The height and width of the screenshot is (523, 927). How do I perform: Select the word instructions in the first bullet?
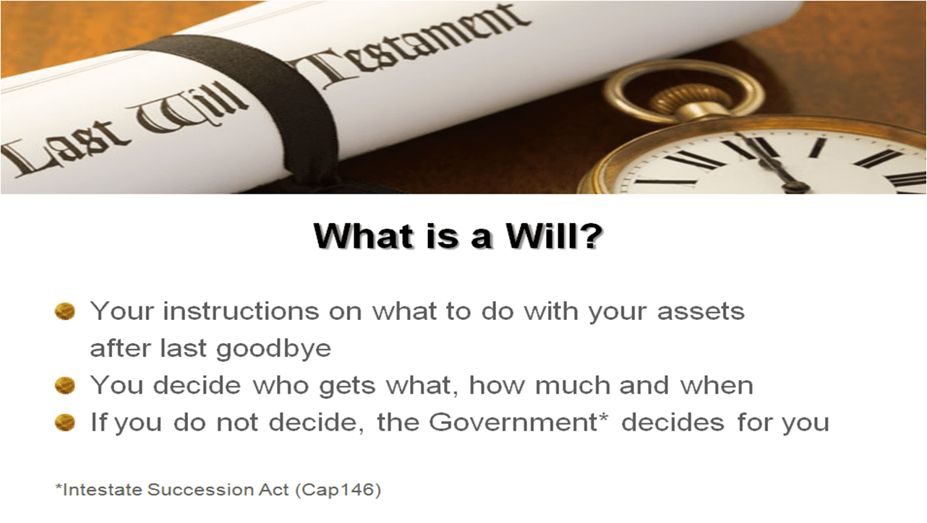coord(242,311)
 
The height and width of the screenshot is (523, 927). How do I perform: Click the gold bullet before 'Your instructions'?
coord(65,311)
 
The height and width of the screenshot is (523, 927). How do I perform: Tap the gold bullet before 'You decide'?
coord(65,385)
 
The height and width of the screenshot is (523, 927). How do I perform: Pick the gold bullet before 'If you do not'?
coord(65,423)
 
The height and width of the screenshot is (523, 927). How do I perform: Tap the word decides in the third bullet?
coord(673,423)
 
